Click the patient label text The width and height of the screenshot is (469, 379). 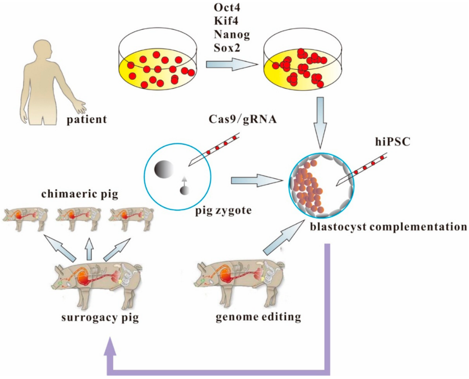[87, 120]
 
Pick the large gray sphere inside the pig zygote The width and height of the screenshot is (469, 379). [164, 169]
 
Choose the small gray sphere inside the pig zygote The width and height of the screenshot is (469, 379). [184, 190]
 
